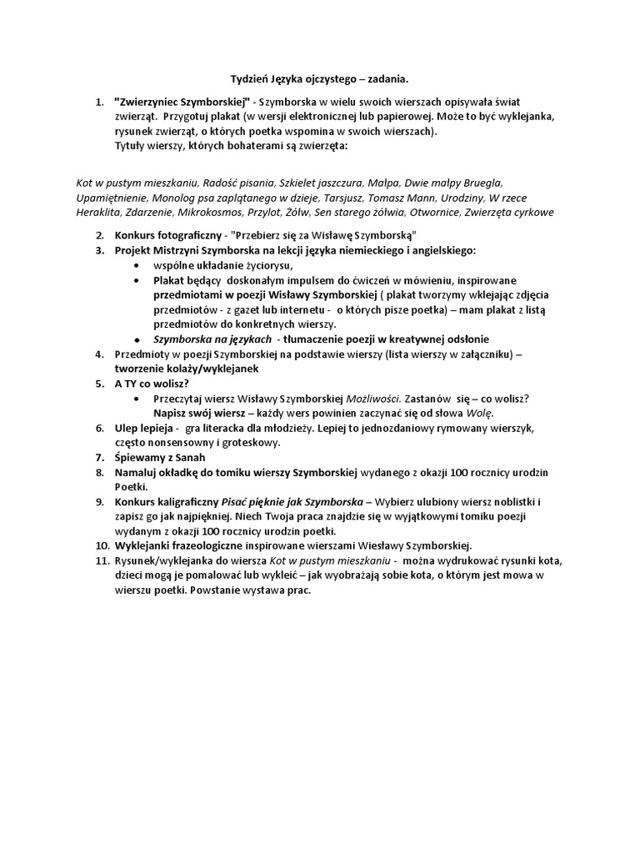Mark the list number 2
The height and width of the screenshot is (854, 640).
[x=99, y=234]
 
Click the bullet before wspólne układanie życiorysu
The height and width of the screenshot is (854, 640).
[x=137, y=265]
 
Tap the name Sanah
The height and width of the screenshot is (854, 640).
[x=188, y=458]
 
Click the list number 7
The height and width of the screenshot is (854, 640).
[x=99, y=458]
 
